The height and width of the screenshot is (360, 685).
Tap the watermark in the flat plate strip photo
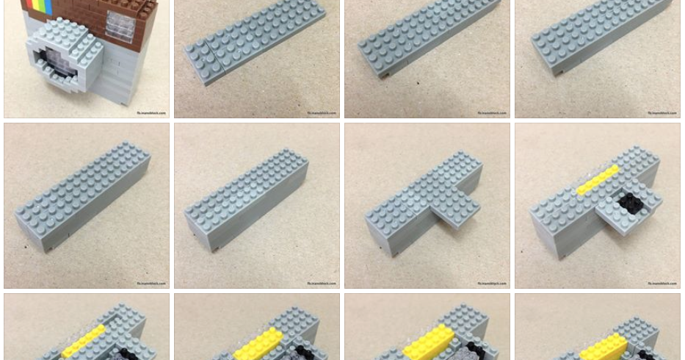point(320,113)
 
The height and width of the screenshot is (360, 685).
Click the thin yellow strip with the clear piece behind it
point(597,180)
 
